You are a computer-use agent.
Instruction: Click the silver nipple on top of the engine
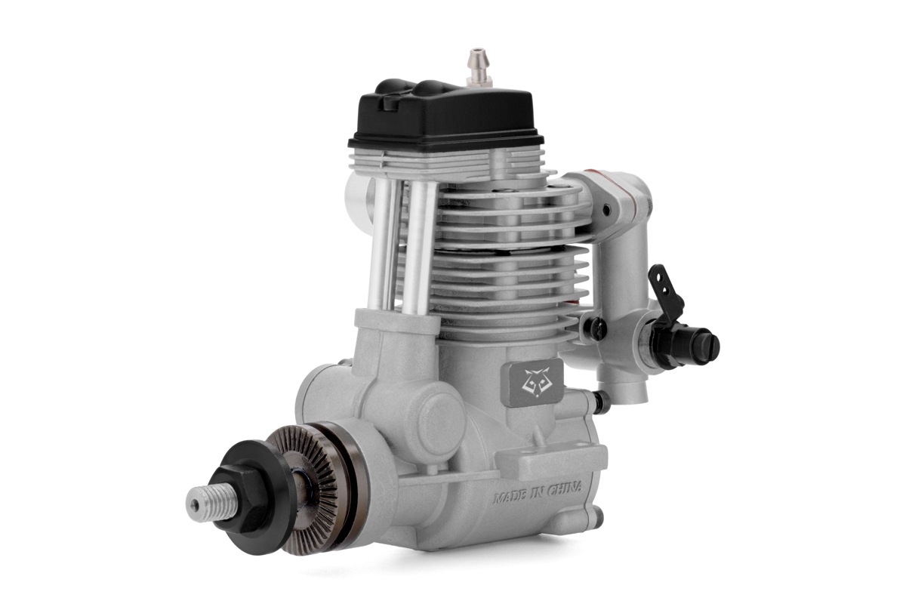479,68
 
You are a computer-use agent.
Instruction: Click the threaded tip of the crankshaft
211,503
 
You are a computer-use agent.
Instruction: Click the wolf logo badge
532,381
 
